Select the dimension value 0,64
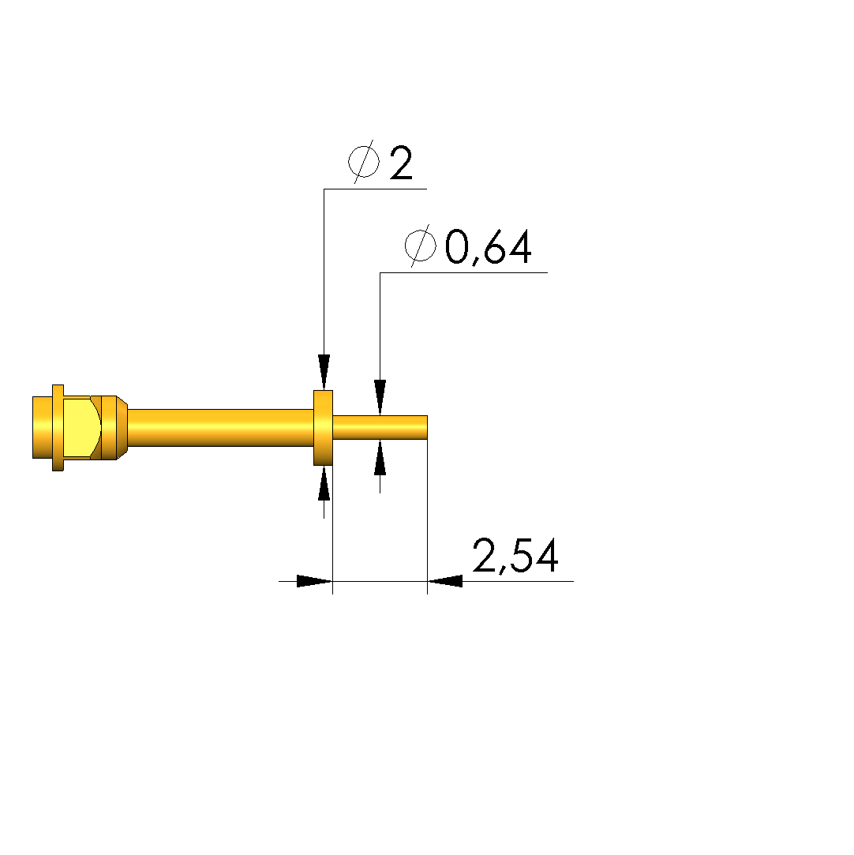click(488, 247)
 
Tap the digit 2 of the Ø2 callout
click(401, 163)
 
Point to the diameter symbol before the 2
click(364, 162)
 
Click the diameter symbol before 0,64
click(420, 246)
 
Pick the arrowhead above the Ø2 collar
click(324, 373)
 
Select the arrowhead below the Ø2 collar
click(324, 482)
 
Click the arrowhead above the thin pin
click(380, 398)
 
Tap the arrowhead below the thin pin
click(380, 457)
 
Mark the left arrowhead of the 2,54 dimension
click(314, 581)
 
